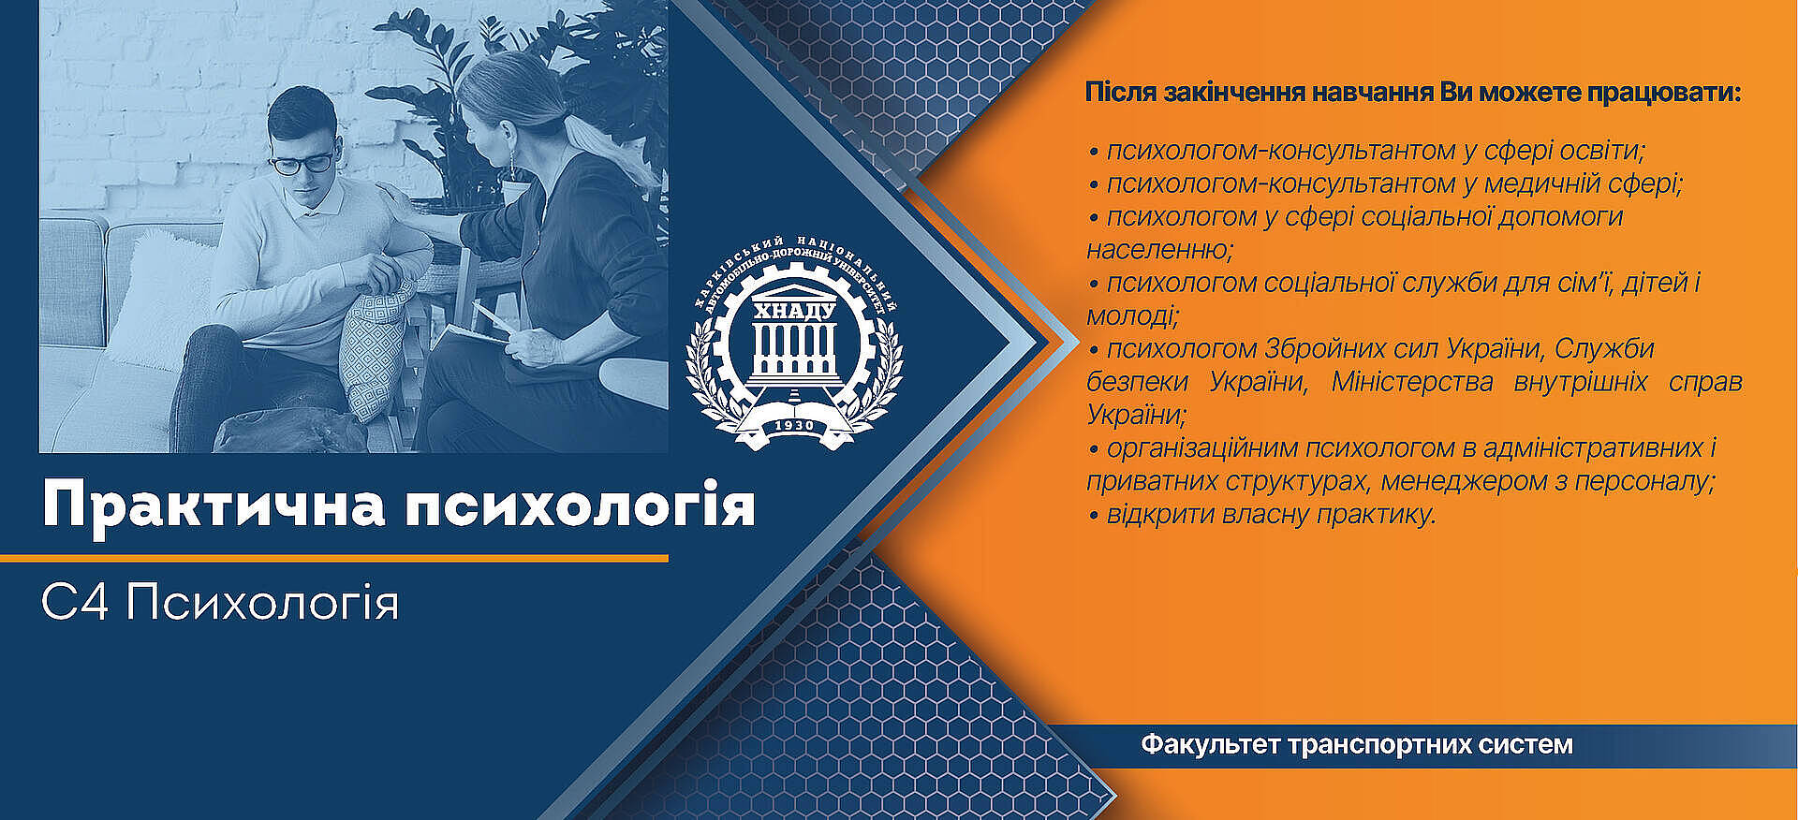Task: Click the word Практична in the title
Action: click(214, 506)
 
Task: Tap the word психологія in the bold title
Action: click(580, 506)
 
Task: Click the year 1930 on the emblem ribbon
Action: click(794, 425)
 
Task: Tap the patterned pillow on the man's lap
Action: click(376, 346)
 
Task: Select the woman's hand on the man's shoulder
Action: click(391, 199)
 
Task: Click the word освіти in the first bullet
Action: click(1602, 150)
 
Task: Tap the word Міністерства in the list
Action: click(1411, 382)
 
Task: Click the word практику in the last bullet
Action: click(1376, 515)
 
